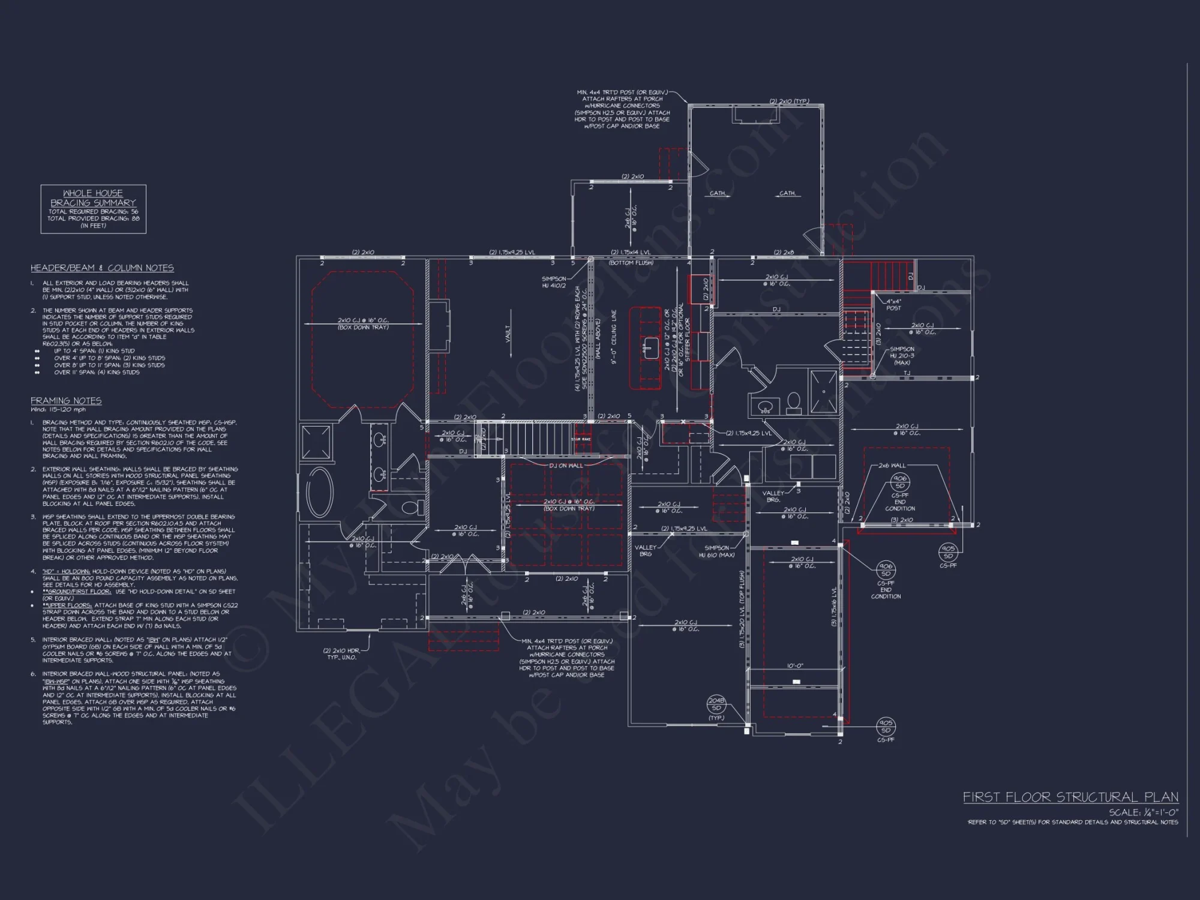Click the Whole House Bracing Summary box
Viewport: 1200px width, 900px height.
pos(93,209)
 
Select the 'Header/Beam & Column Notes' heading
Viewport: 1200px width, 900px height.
pos(102,268)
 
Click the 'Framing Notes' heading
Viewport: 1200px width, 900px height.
pos(66,401)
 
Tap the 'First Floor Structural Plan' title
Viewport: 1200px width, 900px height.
pos(1070,797)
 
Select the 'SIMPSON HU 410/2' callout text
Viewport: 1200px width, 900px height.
pos(553,282)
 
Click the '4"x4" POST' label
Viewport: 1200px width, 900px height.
pos(893,305)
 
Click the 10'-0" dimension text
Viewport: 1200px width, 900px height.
pos(796,666)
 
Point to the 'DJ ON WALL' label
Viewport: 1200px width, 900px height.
pos(566,466)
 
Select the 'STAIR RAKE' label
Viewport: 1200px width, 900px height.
pos(581,439)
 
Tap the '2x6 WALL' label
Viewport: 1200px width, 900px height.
pos(892,466)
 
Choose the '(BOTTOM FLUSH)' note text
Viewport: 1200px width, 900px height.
pos(631,263)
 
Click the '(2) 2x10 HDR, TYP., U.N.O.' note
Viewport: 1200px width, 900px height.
pos(342,654)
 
